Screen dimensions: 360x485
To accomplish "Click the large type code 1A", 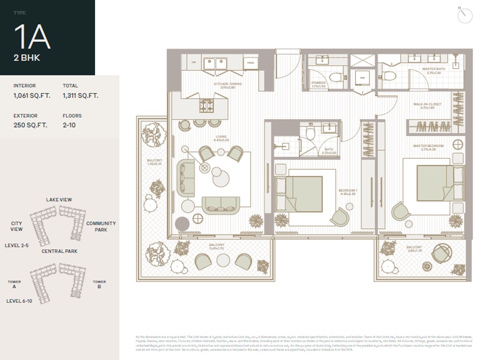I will pos(32,37).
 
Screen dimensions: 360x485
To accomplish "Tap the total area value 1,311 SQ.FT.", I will pos(80,95).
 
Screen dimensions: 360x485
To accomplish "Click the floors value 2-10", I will pos(69,125).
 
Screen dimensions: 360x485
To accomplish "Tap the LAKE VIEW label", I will pos(59,200).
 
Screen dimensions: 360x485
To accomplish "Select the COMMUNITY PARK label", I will pos(101,226).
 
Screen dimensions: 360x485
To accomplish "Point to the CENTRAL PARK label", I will pos(59,251).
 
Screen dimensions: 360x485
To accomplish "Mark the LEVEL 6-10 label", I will pos(19,301).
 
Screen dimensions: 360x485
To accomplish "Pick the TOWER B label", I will pos(99,284).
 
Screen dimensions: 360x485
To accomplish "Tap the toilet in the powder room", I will pos(336,78).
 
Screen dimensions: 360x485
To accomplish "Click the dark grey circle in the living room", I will pos(182,224).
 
